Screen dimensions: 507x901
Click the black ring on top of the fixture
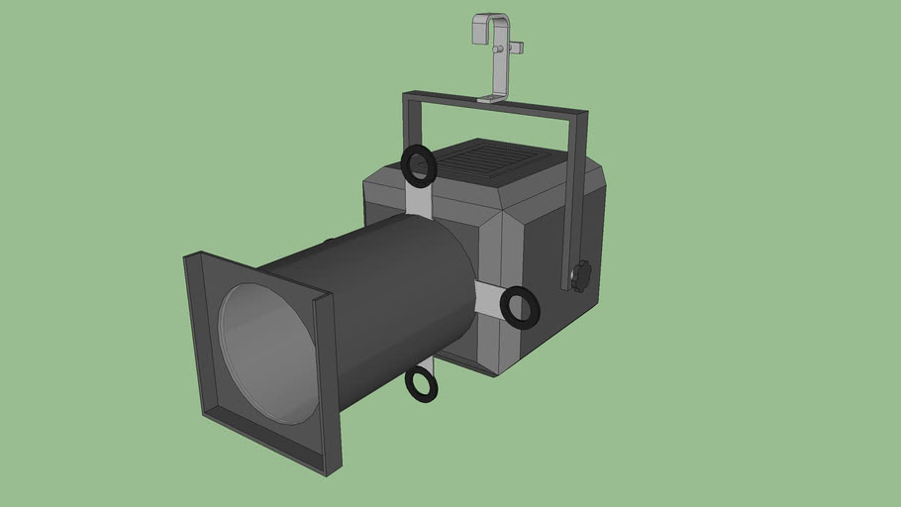419,165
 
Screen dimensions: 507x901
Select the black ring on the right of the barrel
520,307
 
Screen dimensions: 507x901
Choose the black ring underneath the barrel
422,383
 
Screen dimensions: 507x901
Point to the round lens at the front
268,352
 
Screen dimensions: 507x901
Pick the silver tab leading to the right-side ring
489,297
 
